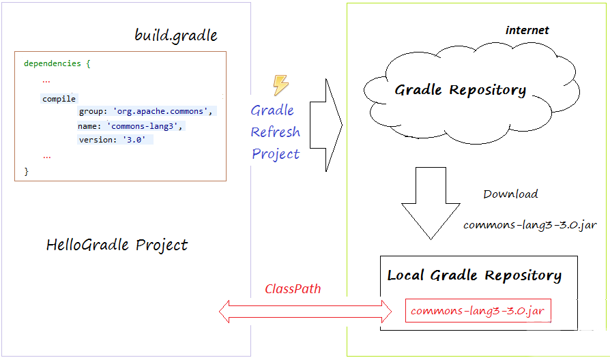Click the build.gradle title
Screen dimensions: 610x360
[x=176, y=35]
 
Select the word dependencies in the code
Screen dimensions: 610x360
[x=52, y=63]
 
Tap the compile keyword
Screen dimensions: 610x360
[x=59, y=99]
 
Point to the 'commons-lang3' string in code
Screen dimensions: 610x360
[x=143, y=126]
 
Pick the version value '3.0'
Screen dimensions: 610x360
[x=134, y=140]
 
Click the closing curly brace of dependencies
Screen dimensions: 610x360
[x=27, y=171]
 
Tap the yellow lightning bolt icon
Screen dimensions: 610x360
[x=280, y=85]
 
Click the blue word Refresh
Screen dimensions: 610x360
[x=276, y=132]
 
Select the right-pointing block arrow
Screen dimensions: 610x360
[x=326, y=125]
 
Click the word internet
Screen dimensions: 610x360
[x=527, y=30]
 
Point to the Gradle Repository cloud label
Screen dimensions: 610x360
[x=460, y=90]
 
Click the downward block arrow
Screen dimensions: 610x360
[x=431, y=203]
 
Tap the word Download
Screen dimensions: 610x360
[x=510, y=194]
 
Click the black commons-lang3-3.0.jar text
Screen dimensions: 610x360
[x=530, y=225]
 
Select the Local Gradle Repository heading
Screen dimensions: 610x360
[x=474, y=275]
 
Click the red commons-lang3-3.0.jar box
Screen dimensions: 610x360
[x=478, y=311]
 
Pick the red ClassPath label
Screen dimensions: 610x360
[x=293, y=289]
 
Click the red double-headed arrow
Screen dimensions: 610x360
[x=306, y=312]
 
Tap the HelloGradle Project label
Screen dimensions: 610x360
[x=117, y=245]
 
